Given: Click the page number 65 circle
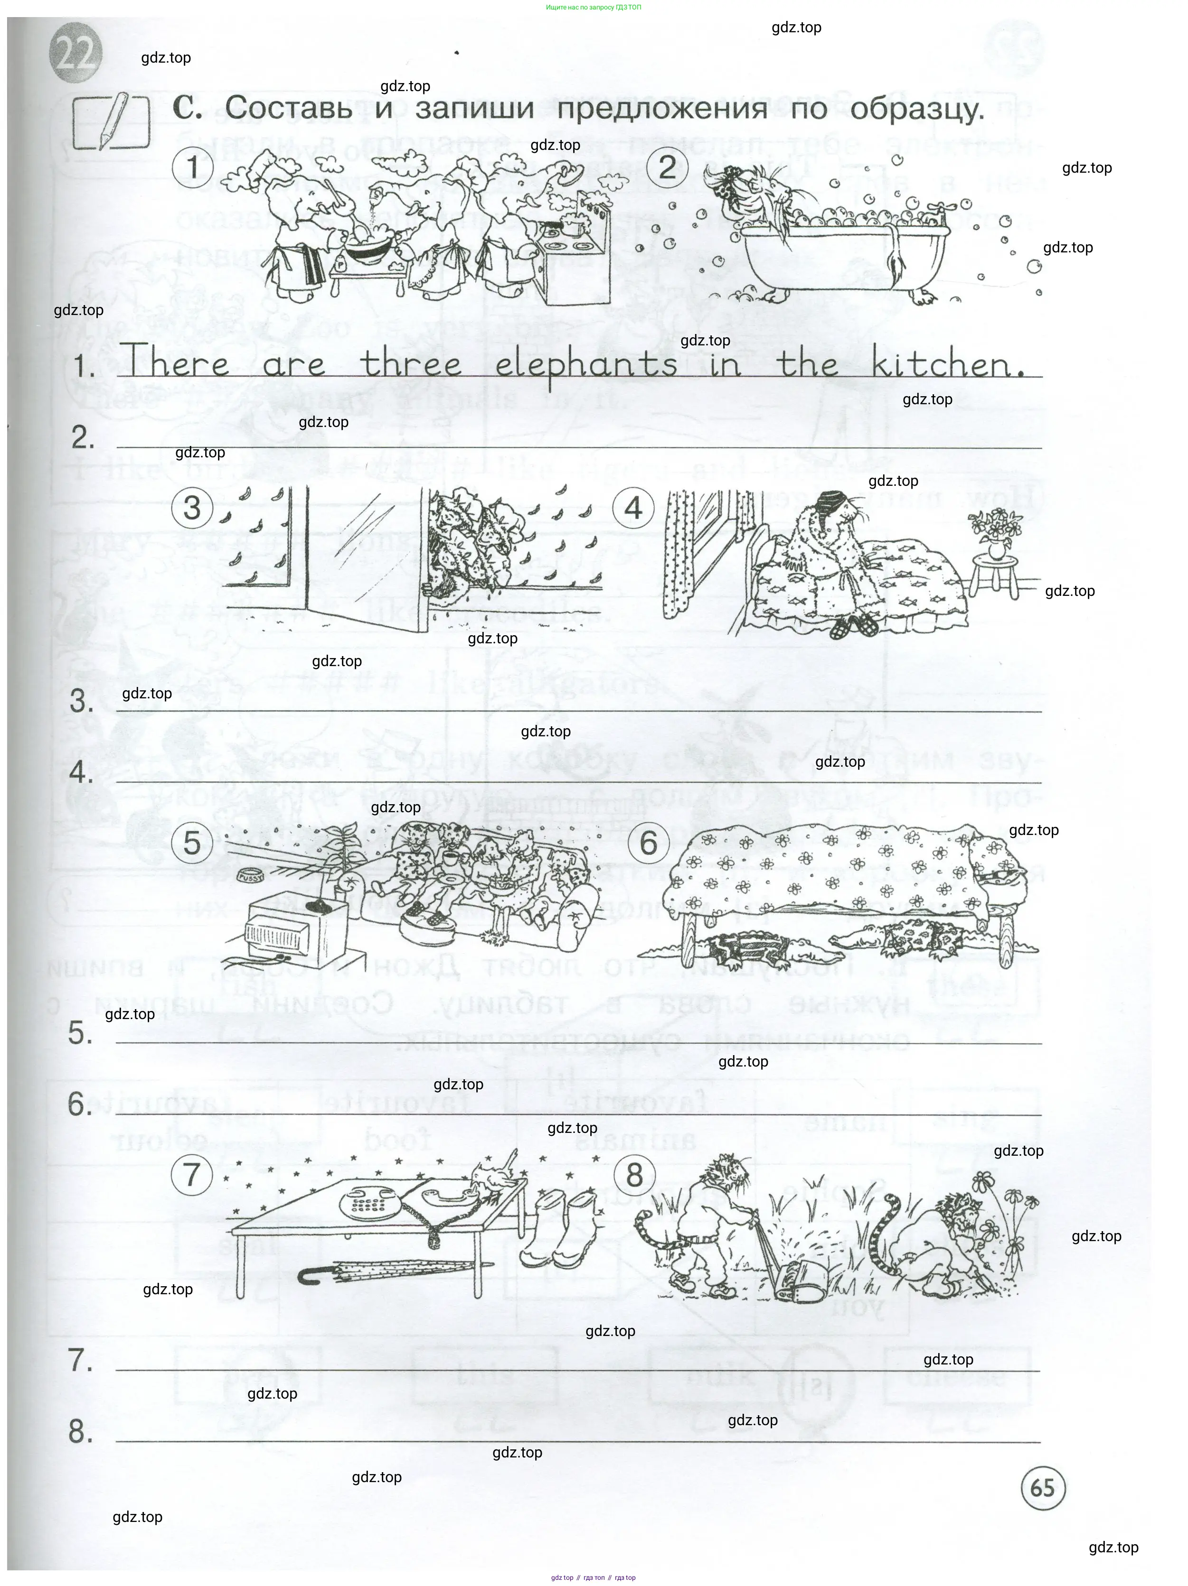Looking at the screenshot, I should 1042,1488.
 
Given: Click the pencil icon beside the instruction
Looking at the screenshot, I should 112,122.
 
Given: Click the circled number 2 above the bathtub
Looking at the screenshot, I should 667,168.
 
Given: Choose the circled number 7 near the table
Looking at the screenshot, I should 191,1175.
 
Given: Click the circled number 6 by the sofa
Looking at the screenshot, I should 648,843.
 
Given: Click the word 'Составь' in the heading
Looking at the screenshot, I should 288,109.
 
